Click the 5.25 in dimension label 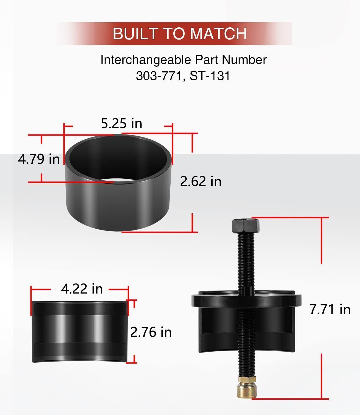(121, 123)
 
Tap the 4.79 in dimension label (39, 159)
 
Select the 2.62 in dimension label (200, 181)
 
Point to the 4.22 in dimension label (82, 289)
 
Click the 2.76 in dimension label (151, 332)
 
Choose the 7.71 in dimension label (330, 309)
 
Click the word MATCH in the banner (218, 33)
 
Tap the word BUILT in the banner (135, 33)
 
